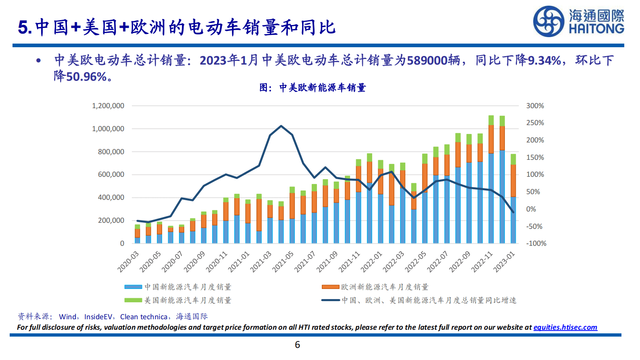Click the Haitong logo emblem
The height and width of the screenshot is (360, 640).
tap(548, 21)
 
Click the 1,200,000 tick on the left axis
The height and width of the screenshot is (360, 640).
tap(108, 106)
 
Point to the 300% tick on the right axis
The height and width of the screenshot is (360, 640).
tap(535, 106)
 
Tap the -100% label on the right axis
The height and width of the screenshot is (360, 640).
tap(536, 243)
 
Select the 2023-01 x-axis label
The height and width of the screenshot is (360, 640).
tap(504, 262)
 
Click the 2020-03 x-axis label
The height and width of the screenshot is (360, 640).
tap(128, 262)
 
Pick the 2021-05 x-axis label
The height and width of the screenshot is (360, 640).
tap(283, 262)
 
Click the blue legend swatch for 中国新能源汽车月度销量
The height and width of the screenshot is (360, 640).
tap(133, 287)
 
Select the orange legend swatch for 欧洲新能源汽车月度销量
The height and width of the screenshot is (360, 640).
tap(330, 287)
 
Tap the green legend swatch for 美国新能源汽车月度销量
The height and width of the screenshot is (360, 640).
tap(133, 300)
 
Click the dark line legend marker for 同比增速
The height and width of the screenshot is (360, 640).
tap(330, 300)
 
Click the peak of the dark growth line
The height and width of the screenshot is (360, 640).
tap(281, 126)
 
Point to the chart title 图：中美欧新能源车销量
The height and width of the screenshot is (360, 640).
tap(313, 88)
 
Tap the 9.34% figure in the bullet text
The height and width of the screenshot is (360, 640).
tap(544, 61)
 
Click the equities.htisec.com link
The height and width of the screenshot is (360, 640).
tap(565, 327)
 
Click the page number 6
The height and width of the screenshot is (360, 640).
tap(298, 345)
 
